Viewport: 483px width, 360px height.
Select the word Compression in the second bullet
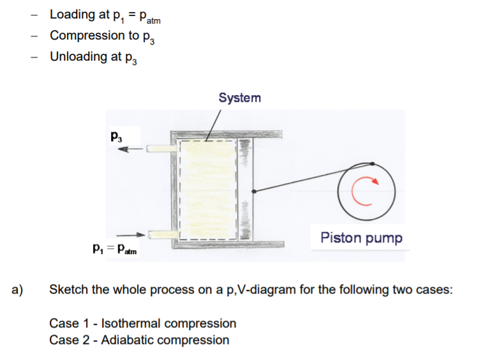[84, 35]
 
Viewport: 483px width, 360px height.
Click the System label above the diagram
[239, 98]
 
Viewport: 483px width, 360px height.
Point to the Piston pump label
[361, 238]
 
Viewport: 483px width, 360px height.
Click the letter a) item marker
[18, 289]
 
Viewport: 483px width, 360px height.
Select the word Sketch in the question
[68, 289]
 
